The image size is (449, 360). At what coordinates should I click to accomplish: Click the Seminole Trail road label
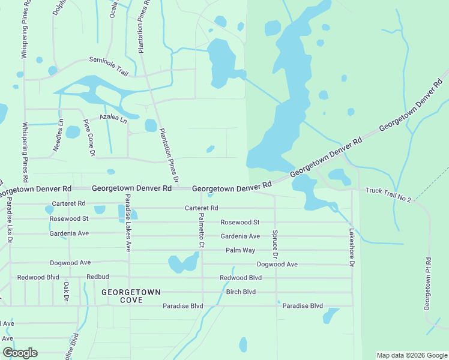tap(109, 65)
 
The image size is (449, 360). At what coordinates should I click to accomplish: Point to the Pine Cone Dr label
tap(88, 138)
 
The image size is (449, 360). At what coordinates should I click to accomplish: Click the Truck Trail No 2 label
tap(388, 194)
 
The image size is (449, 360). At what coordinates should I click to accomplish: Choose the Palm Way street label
tap(241, 250)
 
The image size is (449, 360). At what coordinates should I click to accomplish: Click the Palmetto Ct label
tap(202, 231)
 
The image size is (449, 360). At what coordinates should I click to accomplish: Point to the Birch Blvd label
tap(241, 292)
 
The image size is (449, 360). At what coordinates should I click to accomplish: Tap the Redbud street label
tap(97, 277)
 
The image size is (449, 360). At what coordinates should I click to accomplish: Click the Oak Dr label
tap(67, 292)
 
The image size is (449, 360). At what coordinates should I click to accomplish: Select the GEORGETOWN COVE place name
tap(131, 296)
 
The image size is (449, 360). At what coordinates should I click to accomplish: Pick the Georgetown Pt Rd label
tap(427, 284)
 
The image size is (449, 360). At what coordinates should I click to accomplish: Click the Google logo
tap(20, 353)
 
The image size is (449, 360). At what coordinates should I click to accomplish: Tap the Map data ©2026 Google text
tap(411, 355)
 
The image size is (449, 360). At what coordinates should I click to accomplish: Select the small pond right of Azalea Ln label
tap(151, 125)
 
